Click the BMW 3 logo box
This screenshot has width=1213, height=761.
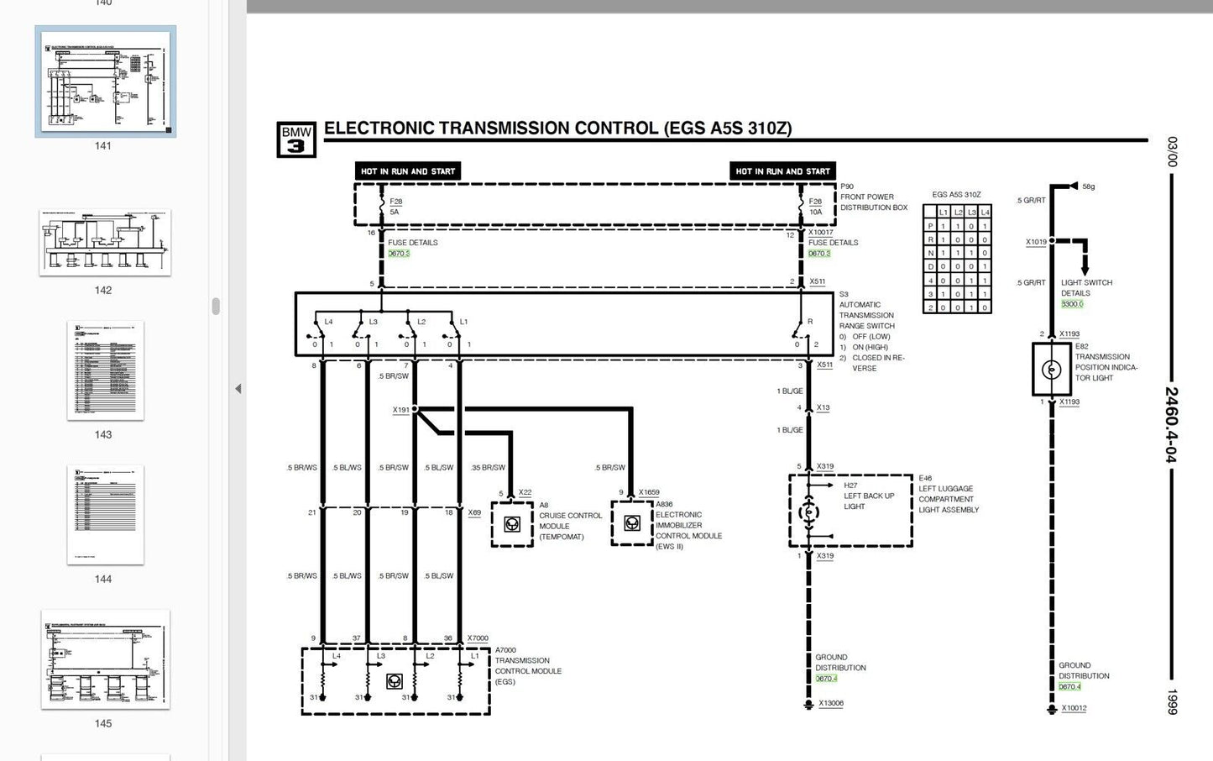296,139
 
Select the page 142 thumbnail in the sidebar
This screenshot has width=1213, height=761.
105,243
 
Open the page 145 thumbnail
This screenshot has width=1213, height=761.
105,659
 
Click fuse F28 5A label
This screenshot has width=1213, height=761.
395,207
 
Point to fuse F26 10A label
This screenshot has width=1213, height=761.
815,207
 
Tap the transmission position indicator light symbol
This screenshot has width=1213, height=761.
1051,370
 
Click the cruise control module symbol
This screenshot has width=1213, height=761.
512,524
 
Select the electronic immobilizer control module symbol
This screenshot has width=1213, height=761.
632,523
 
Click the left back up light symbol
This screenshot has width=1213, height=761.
809,511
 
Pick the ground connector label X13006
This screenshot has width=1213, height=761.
830,703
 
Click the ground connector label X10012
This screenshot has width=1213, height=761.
1074,708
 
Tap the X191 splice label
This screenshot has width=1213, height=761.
400,410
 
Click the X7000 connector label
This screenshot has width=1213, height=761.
478,638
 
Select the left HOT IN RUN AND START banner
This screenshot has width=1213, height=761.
408,171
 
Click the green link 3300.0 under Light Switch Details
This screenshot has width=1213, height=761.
1072,304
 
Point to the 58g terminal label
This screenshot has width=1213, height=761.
1088,186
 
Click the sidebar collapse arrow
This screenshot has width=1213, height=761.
238,389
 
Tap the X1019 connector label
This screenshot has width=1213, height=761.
1036,242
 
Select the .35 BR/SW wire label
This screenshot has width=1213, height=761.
488,468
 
